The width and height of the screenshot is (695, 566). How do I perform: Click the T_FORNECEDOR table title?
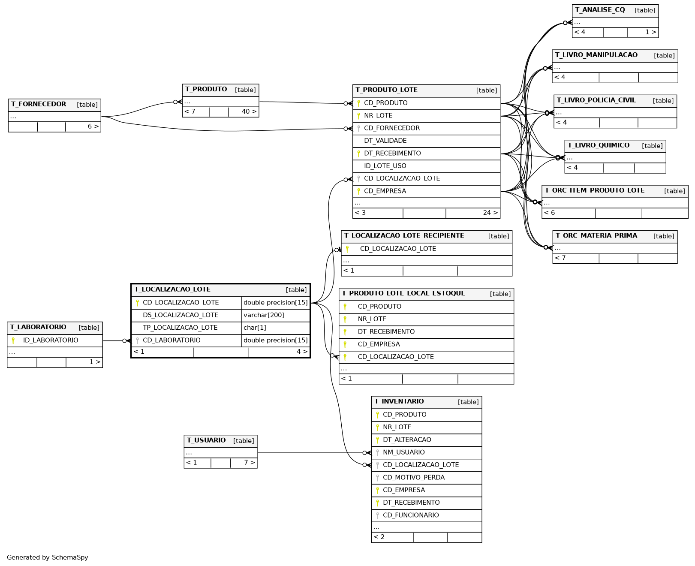[39, 104]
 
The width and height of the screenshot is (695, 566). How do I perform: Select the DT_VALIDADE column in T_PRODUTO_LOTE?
[385, 141]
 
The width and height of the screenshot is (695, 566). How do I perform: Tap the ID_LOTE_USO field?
[385, 166]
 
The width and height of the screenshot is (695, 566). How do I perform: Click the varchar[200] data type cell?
[264, 315]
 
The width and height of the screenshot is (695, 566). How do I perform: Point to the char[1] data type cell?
[255, 328]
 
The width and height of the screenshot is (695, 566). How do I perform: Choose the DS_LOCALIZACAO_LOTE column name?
[181, 315]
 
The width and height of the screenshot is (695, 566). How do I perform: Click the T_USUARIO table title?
[206, 440]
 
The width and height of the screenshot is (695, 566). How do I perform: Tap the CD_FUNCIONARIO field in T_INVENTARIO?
[411, 515]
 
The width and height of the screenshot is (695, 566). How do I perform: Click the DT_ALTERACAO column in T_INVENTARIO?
[407, 440]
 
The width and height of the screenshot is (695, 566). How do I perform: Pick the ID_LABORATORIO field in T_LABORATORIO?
[51, 340]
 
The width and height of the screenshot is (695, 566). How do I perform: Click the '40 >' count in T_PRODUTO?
[249, 111]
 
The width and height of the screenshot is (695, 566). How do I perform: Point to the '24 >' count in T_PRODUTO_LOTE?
[490, 213]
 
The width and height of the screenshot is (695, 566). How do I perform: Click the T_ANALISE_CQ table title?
[600, 10]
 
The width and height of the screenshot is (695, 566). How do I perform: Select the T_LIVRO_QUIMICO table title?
[599, 145]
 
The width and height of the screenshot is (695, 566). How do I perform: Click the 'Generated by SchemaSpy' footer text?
[47, 557]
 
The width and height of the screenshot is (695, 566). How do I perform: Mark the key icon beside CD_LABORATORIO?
[137, 340]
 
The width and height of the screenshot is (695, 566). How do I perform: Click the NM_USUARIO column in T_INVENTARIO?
[403, 452]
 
